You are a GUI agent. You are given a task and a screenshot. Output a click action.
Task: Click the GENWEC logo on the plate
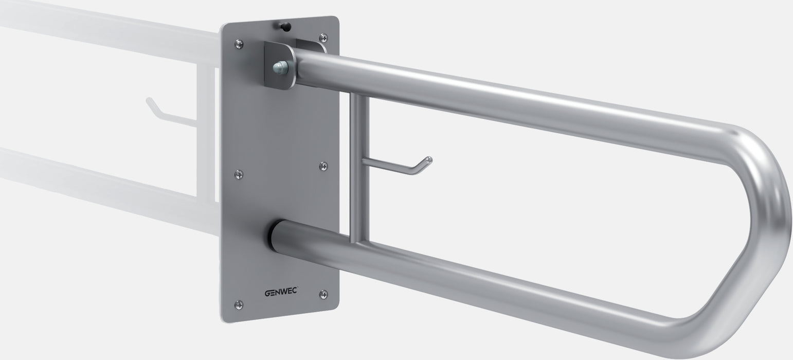point(281,294)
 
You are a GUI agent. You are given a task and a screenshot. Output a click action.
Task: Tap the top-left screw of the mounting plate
point(239,44)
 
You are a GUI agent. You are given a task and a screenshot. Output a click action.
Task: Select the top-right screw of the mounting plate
point(323,38)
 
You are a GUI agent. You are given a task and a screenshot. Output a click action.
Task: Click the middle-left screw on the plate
point(239,175)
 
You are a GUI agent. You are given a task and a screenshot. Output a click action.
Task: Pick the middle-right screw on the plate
point(323,166)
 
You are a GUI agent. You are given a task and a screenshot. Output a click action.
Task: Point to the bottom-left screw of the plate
point(239,304)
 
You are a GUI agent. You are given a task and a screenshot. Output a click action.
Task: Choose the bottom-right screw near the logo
point(323,294)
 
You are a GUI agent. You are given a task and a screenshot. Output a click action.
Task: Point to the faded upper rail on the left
point(103,31)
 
